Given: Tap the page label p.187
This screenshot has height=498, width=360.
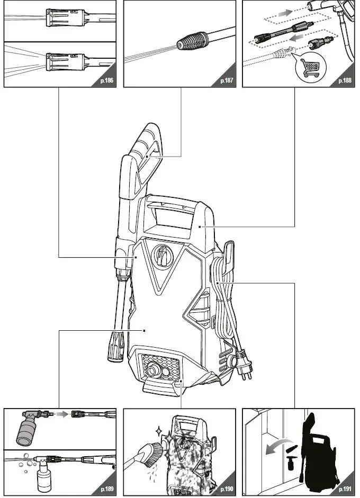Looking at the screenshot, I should [x=227, y=82].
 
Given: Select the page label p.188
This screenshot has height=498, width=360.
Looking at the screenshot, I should [x=345, y=82].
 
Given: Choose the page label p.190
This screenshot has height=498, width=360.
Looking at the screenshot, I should [x=227, y=488].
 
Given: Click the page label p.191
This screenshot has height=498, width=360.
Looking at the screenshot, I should [x=345, y=488].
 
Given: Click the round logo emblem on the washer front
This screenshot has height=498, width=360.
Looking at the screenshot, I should [x=162, y=257].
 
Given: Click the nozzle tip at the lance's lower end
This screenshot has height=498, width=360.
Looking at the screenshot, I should [x=115, y=346].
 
